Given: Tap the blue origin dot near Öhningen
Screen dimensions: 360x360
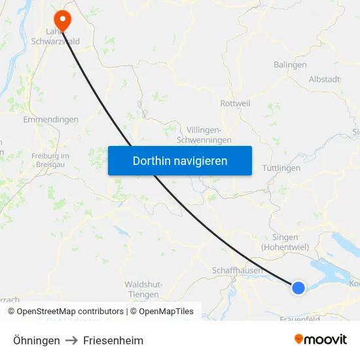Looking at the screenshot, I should click(x=298, y=287).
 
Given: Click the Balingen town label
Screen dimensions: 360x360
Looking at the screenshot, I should click(x=289, y=65).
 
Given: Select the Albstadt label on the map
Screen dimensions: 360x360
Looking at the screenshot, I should click(x=324, y=79).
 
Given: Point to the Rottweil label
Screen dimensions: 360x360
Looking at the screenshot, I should click(x=235, y=103).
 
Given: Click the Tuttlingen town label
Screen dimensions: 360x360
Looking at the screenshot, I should click(x=281, y=168).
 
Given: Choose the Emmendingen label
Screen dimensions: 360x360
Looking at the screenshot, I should click(x=50, y=120).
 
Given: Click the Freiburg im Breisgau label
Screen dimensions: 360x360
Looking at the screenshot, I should click(x=50, y=160).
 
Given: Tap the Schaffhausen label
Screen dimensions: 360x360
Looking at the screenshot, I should click(x=237, y=270).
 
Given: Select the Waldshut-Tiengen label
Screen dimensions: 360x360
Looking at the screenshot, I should click(x=143, y=289).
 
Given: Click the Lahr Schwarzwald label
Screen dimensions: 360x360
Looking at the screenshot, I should click(x=55, y=36).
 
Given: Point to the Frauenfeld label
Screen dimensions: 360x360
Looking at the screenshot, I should click(x=298, y=319).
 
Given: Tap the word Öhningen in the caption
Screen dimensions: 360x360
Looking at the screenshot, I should click(x=37, y=340).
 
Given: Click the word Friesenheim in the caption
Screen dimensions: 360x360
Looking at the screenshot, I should click(x=113, y=340).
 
